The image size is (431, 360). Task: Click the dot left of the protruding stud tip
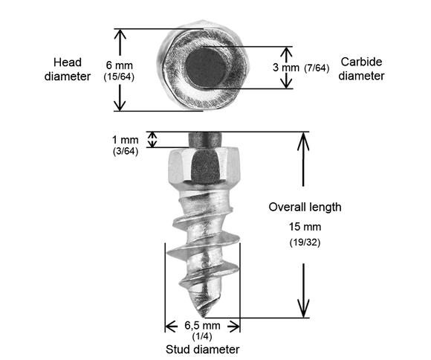(x=154, y=138)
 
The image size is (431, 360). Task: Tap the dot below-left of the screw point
(x=173, y=326)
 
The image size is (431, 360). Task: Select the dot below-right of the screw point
(x=233, y=326)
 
